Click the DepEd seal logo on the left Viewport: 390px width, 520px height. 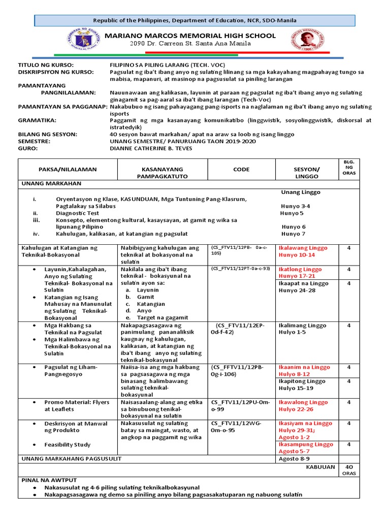coord(83,40)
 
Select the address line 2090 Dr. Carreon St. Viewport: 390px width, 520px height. coord(190,44)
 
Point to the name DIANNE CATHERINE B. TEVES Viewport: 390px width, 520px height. coord(153,148)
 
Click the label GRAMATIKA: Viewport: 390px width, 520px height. coord(37,120)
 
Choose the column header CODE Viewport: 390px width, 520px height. coord(241,169)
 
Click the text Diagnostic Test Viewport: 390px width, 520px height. coord(78,214)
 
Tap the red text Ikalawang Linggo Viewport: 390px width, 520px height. coord(303,247)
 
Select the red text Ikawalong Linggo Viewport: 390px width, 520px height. coord(303,402)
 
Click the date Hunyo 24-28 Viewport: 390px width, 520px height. coord(297,290)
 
